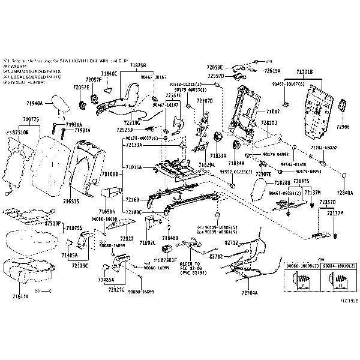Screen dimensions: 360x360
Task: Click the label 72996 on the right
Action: (343, 127)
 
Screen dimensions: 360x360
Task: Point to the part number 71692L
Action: (148, 243)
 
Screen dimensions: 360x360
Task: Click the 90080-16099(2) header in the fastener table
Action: (302, 265)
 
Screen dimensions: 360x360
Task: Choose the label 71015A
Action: (134, 167)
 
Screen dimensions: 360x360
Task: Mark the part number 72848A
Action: (344, 193)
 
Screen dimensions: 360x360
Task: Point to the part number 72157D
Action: (328, 202)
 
